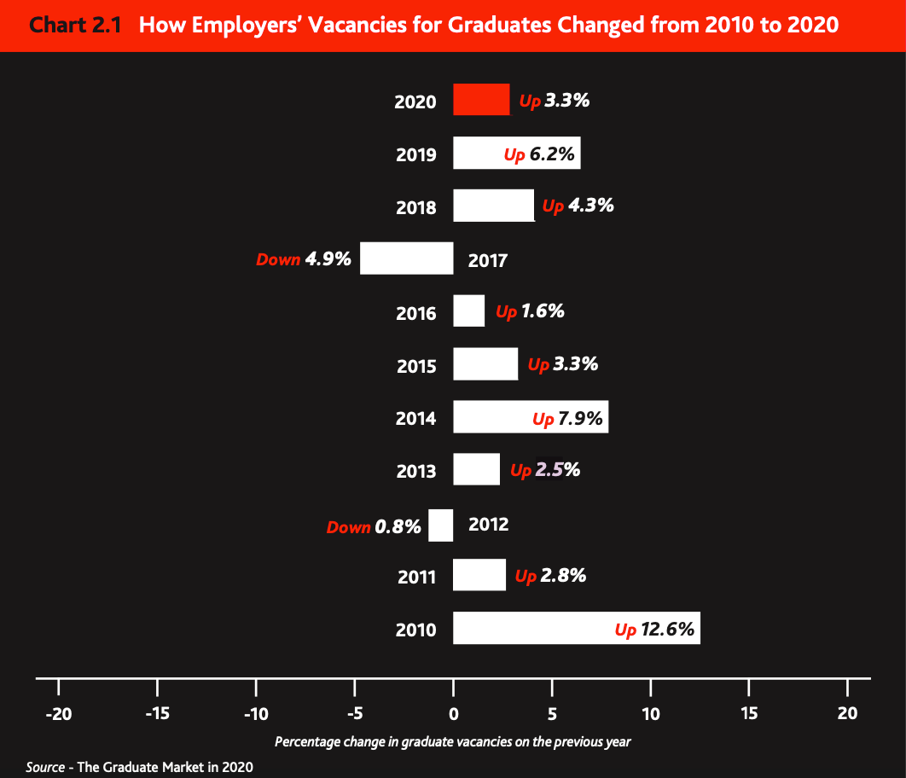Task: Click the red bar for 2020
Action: pos(481,100)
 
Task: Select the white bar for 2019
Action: pos(478,154)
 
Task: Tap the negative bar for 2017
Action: pos(407,258)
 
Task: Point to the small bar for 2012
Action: pos(441,525)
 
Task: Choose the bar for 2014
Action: pos(495,417)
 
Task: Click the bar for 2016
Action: pos(469,311)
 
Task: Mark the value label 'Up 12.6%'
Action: pos(654,630)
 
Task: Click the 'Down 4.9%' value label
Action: pos(304,259)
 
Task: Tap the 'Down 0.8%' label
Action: pos(374,526)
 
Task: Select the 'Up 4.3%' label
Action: pos(578,206)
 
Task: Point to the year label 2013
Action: pos(416,471)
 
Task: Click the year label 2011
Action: pos(416,578)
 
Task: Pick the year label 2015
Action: pos(416,366)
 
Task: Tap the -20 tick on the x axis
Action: pos(58,713)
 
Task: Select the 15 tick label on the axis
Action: pos(748,713)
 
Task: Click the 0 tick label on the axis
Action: pos(454,713)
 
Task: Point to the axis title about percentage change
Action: pos(453,741)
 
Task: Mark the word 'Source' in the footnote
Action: pos(45,767)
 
